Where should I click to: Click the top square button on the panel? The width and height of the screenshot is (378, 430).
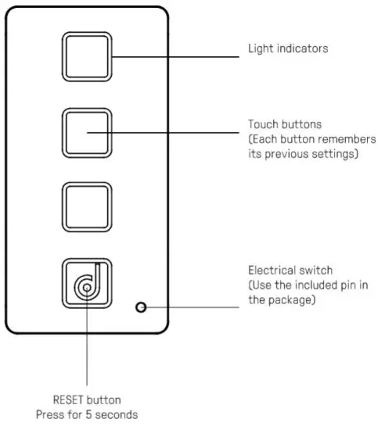point(87,58)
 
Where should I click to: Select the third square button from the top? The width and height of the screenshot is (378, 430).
point(87,209)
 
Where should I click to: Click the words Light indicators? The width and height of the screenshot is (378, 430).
point(287,48)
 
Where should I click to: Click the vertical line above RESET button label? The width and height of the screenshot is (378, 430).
point(87,344)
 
